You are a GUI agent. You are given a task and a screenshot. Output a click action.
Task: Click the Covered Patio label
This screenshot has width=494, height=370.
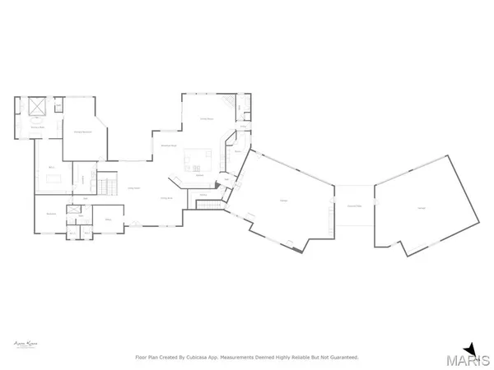(354, 205)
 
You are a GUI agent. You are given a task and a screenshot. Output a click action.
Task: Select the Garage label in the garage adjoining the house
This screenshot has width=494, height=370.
(283, 200)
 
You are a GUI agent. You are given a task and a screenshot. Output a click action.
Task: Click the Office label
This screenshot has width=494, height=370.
(108, 220)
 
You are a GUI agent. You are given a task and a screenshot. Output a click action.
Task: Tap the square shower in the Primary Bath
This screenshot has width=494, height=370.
(38, 108)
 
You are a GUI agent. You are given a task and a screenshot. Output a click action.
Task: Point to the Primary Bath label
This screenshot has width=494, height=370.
(38, 127)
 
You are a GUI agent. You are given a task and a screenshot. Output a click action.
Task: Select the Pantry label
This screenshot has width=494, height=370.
(237, 152)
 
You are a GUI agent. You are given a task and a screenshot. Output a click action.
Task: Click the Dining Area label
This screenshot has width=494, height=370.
(165, 198)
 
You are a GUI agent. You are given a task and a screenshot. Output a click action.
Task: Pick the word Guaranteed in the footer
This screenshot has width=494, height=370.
(340, 358)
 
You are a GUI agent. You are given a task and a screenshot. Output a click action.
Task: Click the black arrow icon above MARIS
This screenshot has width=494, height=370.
(470, 347)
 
